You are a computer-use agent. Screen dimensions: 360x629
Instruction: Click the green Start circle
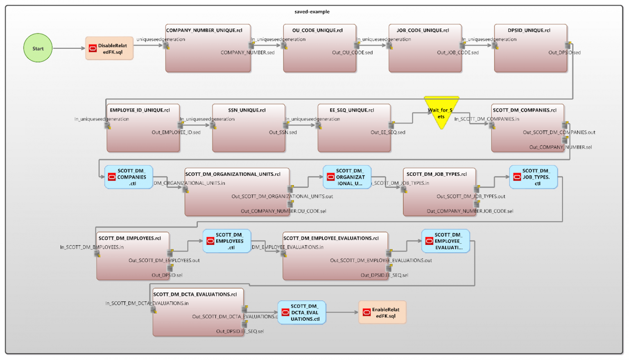(38, 48)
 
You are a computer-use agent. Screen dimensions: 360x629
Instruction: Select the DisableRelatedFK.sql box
(109, 49)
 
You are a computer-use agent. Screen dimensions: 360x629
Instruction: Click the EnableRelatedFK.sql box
(382, 312)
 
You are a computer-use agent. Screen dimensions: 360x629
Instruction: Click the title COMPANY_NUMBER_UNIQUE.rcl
(204, 30)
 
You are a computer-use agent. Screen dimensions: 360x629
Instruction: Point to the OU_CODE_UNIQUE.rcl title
(317, 30)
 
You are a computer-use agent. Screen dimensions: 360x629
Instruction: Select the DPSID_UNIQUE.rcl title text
(529, 30)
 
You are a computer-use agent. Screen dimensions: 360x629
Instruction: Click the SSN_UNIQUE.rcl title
(247, 110)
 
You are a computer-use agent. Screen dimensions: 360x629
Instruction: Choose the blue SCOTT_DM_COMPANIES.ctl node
(129, 177)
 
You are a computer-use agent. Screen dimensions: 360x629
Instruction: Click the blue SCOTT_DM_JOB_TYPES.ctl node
(534, 177)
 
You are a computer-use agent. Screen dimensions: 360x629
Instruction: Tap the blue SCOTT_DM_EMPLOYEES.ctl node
(227, 241)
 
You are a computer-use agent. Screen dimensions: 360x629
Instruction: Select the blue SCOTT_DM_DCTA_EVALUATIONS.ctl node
(302, 312)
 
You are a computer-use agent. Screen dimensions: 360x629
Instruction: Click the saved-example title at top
(312, 11)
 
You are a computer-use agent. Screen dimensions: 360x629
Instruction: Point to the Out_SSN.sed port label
(283, 132)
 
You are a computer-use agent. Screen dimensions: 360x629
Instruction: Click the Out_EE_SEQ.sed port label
(387, 132)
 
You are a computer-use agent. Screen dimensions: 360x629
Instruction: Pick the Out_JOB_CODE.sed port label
(457, 52)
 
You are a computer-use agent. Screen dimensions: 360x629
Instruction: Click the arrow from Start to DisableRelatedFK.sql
(69, 48)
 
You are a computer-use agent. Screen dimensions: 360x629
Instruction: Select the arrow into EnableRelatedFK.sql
(342, 312)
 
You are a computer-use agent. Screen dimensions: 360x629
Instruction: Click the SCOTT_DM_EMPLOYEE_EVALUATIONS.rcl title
(331, 238)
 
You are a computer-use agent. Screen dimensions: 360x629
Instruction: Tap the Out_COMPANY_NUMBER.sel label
(560, 147)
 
